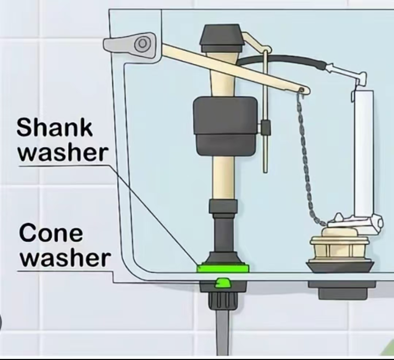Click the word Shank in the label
point(54,128)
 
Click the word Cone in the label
point(51,233)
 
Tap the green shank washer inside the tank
point(223,268)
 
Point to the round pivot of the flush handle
point(142,43)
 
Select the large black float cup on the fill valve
point(225,126)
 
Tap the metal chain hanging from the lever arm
point(307,161)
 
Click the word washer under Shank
point(63,153)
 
